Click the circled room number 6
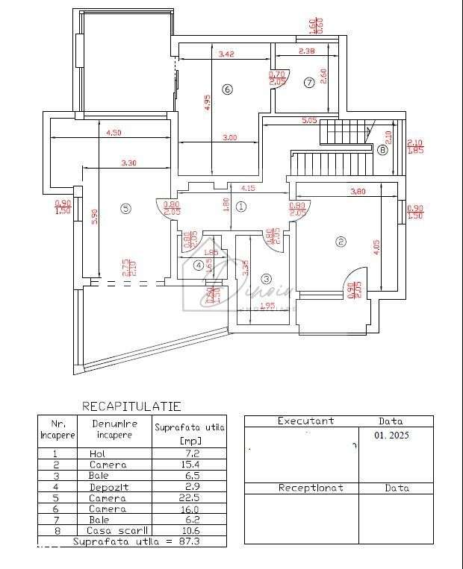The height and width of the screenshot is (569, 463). (x=228, y=89)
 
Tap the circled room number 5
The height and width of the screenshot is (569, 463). (x=125, y=208)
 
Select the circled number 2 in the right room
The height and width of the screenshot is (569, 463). (x=341, y=241)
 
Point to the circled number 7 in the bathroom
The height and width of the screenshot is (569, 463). (x=309, y=83)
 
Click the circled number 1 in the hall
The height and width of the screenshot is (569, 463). (x=240, y=207)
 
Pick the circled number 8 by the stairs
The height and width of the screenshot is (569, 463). (x=383, y=150)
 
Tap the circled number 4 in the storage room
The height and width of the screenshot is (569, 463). (x=199, y=265)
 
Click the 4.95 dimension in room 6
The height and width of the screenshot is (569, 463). (x=208, y=102)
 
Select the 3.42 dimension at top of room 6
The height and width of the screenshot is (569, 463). (x=226, y=54)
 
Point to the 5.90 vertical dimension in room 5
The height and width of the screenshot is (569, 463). (x=94, y=217)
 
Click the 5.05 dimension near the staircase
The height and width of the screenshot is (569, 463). (x=309, y=120)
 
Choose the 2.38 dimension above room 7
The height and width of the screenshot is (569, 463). (x=306, y=51)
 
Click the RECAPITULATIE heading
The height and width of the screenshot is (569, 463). (x=131, y=406)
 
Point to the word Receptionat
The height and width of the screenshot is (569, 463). (x=311, y=488)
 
